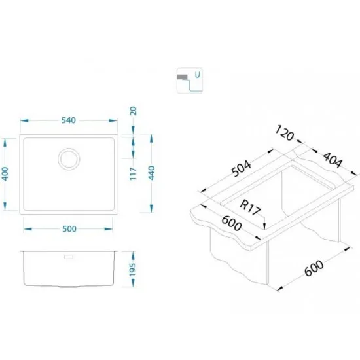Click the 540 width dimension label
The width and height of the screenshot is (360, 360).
click(69, 120)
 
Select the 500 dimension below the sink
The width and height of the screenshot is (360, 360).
click(69, 229)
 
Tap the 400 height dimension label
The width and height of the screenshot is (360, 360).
click(5, 174)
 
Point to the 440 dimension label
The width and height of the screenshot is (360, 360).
click(152, 173)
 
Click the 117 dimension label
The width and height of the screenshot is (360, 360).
click(134, 173)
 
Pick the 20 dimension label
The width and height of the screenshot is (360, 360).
click(133, 111)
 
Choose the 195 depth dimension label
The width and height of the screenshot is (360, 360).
click(133, 270)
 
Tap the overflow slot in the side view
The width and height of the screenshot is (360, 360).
click(69, 257)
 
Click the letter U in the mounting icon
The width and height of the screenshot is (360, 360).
click(198, 75)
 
